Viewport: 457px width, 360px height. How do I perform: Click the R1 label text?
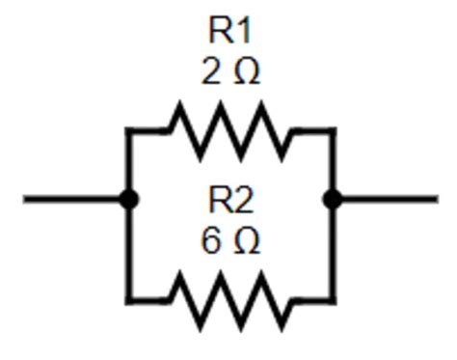[x=229, y=31]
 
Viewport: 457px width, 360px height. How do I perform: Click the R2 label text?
[x=229, y=201]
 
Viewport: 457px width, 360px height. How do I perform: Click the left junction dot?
[x=127, y=200]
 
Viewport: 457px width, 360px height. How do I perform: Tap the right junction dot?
[x=333, y=200]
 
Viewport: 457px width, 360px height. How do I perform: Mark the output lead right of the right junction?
[x=386, y=200]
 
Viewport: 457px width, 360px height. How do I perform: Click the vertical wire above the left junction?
[x=127, y=164]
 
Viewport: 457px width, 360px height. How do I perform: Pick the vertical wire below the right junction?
[x=333, y=251]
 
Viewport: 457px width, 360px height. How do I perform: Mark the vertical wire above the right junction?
[x=333, y=164]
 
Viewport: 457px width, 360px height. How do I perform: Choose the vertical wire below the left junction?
[x=127, y=251]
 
